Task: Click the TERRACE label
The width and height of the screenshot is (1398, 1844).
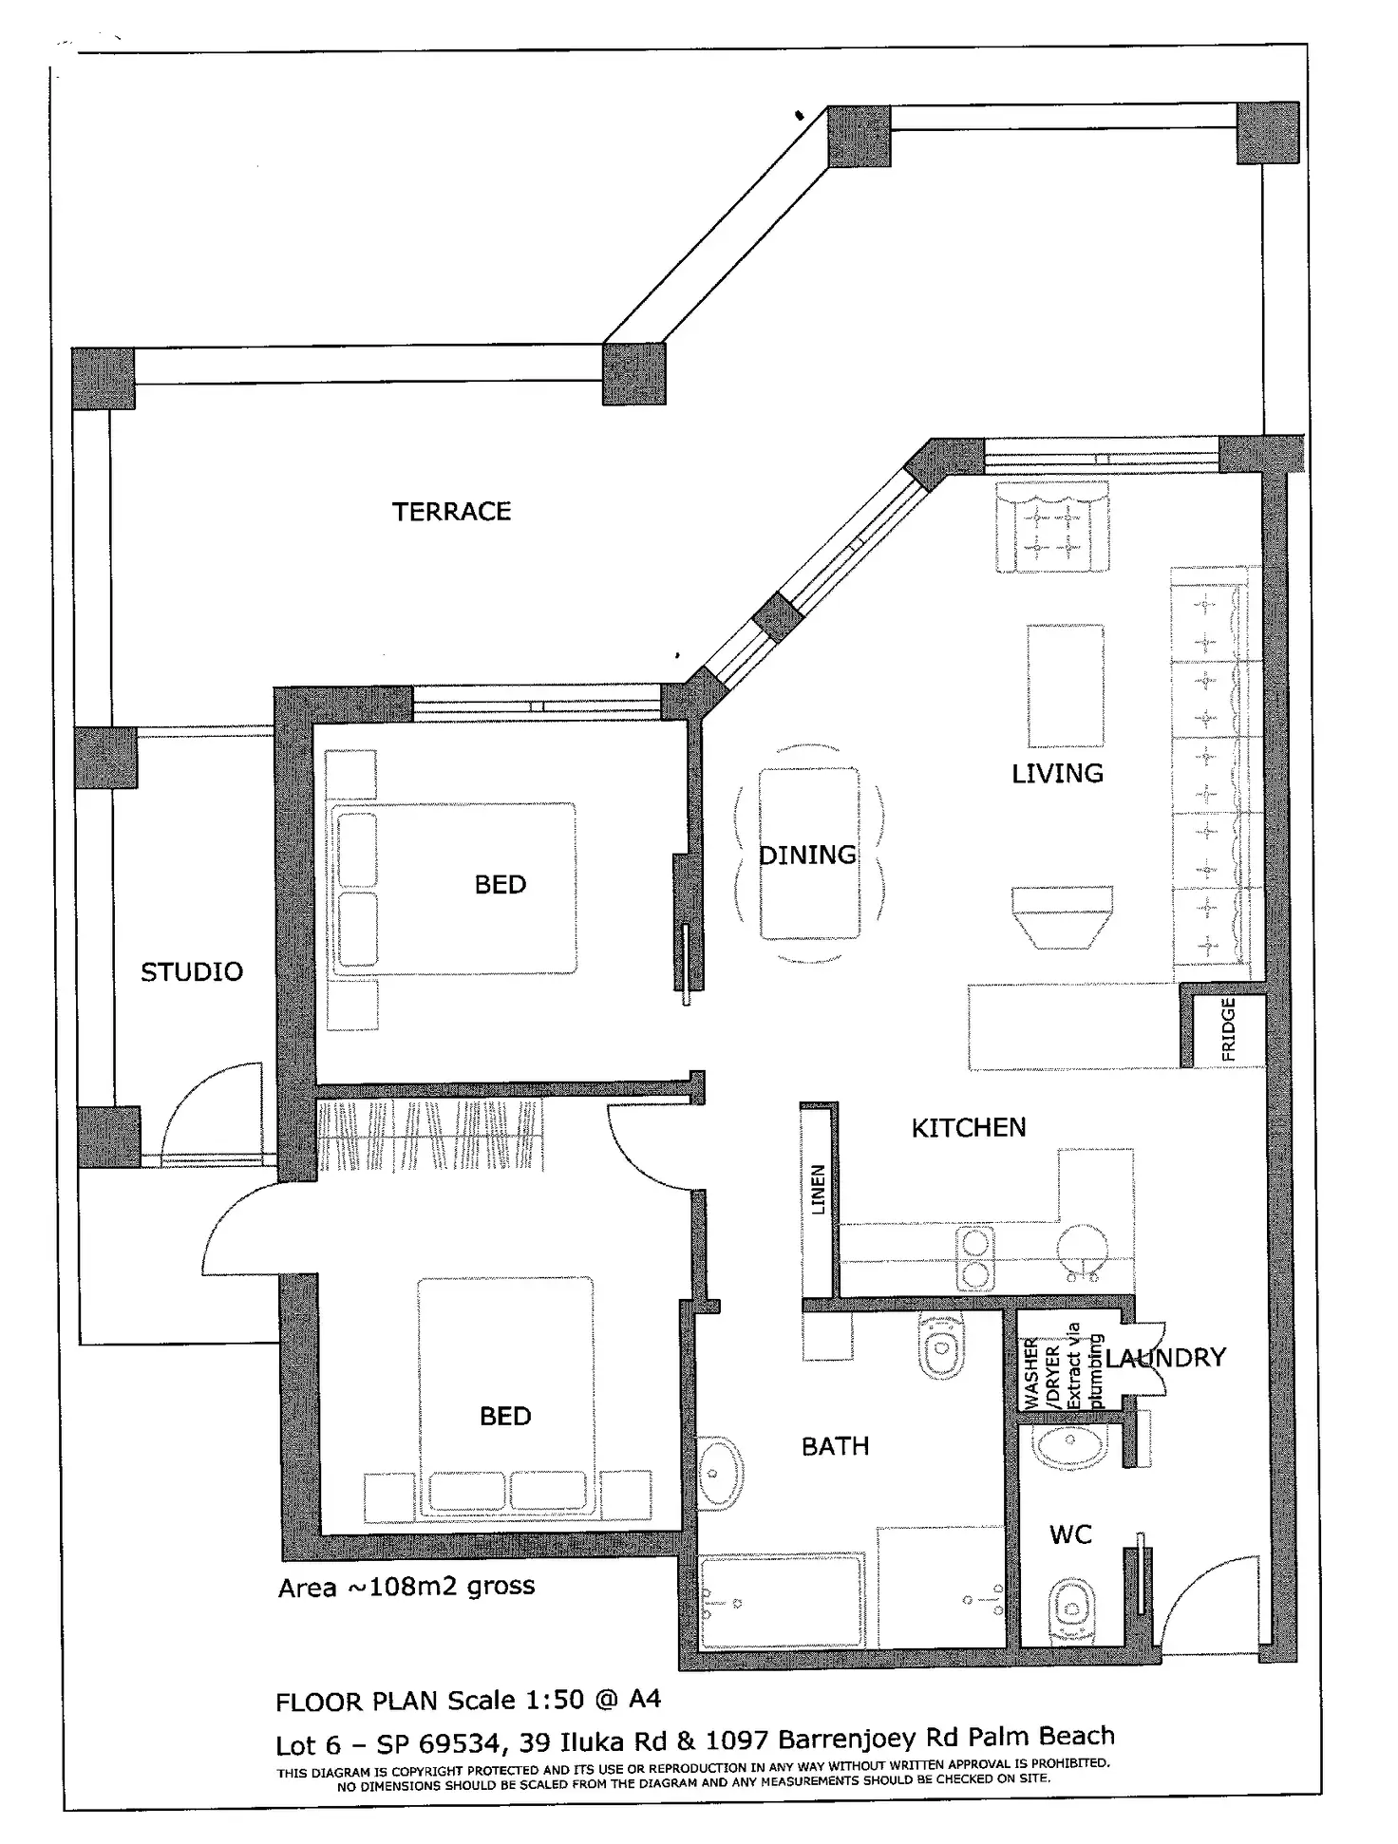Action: [x=451, y=512]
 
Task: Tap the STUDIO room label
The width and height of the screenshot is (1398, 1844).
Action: [x=192, y=972]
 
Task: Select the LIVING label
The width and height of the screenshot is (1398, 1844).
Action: [x=1057, y=774]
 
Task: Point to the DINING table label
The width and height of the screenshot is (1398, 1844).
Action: [x=807, y=856]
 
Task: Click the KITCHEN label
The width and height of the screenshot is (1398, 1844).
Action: [x=969, y=1128]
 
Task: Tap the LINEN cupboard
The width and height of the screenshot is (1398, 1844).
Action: [x=818, y=1200]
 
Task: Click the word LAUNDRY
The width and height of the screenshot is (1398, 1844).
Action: [x=1165, y=1358]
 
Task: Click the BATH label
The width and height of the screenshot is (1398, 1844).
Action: [x=836, y=1446]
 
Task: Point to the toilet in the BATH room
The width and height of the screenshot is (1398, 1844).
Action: [x=941, y=1345]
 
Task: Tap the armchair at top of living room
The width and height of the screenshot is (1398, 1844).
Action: [x=1052, y=527]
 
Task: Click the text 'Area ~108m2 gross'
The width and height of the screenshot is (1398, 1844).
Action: [x=406, y=1588]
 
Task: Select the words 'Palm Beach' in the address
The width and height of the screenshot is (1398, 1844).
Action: [x=1042, y=1737]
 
